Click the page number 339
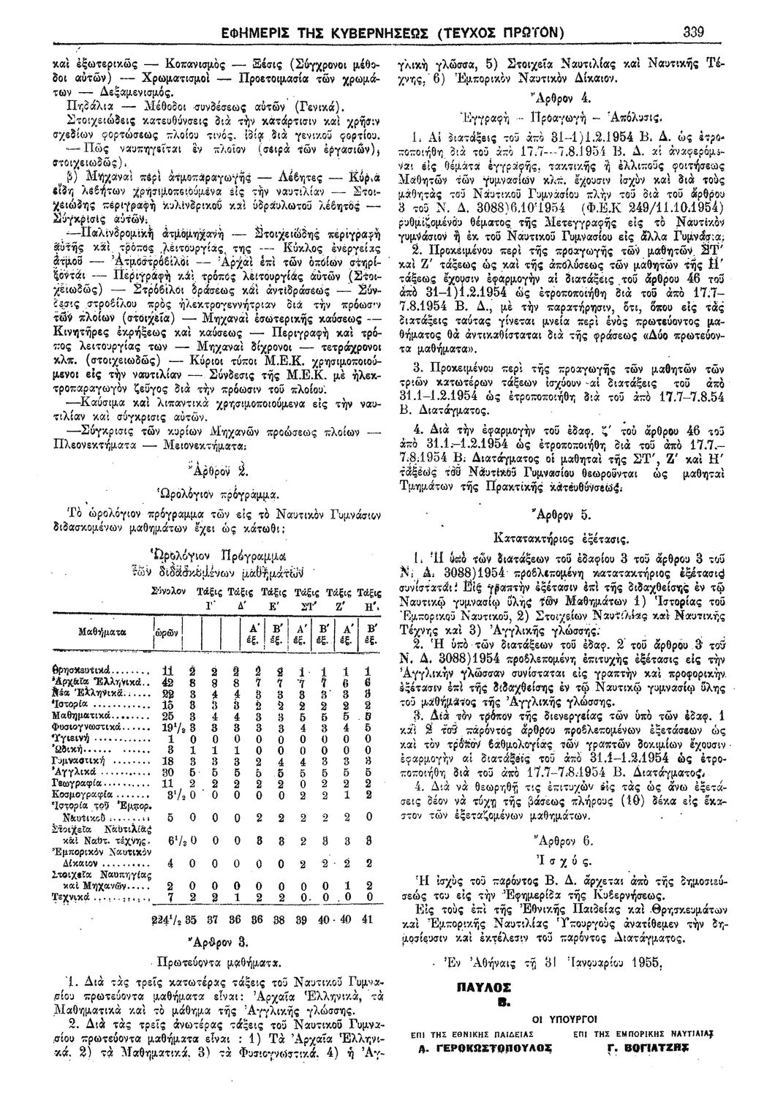point(709,31)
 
